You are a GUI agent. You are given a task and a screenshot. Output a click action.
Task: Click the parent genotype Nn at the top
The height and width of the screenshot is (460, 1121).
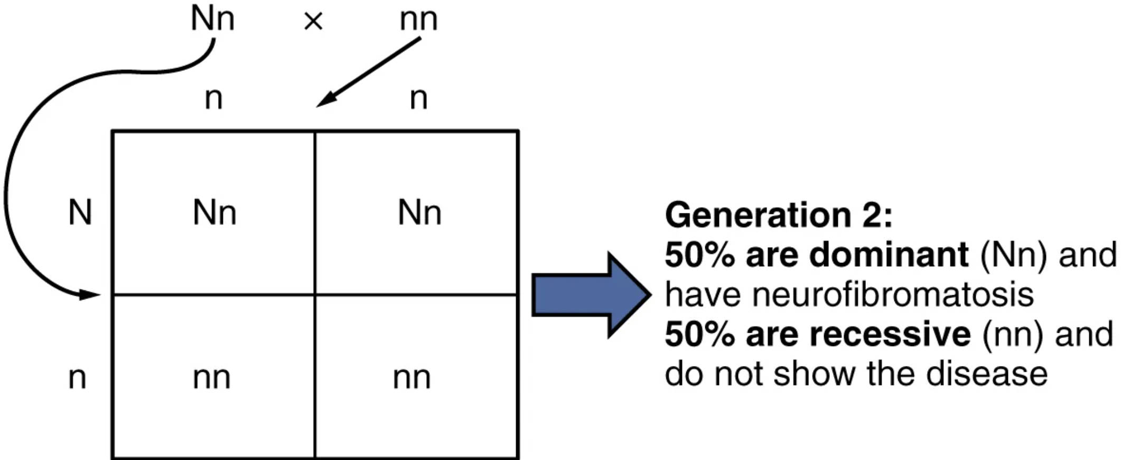(212, 19)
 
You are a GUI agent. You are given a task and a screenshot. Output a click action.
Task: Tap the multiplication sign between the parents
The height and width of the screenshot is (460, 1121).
(313, 22)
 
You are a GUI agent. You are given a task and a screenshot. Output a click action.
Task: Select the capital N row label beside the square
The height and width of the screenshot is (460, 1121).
(80, 213)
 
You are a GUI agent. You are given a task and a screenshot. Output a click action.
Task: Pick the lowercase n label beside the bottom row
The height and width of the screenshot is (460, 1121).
(77, 378)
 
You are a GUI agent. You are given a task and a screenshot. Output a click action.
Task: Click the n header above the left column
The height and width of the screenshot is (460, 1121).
(213, 98)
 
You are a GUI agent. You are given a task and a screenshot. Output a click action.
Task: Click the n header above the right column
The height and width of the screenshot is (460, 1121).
(418, 98)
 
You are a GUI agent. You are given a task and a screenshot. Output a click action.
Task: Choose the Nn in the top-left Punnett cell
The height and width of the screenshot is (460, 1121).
(214, 213)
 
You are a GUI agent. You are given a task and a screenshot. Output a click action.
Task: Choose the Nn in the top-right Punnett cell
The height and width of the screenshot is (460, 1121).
(419, 213)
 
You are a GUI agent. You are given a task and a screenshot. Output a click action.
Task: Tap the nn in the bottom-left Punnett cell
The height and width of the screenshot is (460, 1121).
(212, 378)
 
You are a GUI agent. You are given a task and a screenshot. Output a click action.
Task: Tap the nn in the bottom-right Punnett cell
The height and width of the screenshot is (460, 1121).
(412, 378)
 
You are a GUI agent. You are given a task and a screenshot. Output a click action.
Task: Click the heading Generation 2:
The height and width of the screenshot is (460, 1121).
(778, 215)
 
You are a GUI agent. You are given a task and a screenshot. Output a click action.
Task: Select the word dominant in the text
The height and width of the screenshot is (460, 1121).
(889, 255)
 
